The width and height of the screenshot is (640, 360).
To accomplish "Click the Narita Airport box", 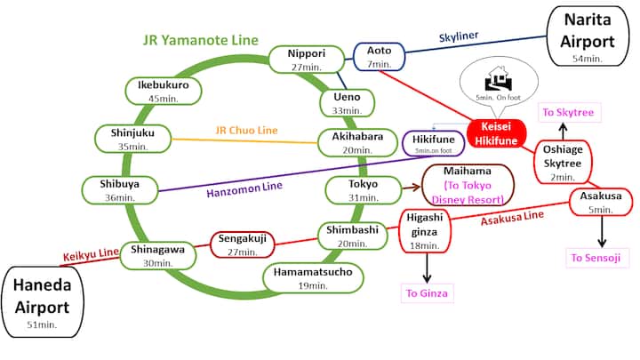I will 588,36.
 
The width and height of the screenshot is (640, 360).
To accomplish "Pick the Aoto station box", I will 379,57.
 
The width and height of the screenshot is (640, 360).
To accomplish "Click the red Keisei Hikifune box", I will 499,134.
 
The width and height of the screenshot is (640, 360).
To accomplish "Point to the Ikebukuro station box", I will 164,91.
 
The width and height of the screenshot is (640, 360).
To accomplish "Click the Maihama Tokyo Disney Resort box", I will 468,186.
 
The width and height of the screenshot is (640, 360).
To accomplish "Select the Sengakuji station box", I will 238,244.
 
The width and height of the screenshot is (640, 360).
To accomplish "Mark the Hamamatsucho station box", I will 308,277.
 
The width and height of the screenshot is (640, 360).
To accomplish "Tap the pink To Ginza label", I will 428,292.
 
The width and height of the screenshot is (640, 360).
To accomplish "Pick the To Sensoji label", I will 599,259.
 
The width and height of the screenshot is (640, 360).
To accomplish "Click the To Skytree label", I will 570,113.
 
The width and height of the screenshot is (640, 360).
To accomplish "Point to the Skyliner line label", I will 459,36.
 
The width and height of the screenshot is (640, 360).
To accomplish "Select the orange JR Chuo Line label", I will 247,130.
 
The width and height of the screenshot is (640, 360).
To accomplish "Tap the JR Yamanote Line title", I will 201,40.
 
